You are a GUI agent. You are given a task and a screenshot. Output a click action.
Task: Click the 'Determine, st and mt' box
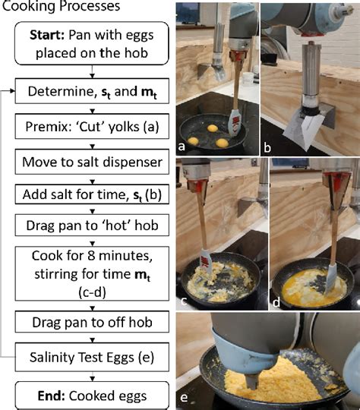click(91, 93)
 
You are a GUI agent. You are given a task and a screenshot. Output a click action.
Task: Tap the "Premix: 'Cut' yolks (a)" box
click(91, 128)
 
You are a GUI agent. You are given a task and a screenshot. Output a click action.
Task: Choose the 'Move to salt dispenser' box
click(91, 161)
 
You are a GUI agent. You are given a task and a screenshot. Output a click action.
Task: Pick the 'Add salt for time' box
click(91, 195)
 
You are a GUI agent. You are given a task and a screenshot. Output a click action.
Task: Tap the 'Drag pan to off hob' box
click(91, 322)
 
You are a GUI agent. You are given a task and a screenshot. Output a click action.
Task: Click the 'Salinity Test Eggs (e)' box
click(91, 355)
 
